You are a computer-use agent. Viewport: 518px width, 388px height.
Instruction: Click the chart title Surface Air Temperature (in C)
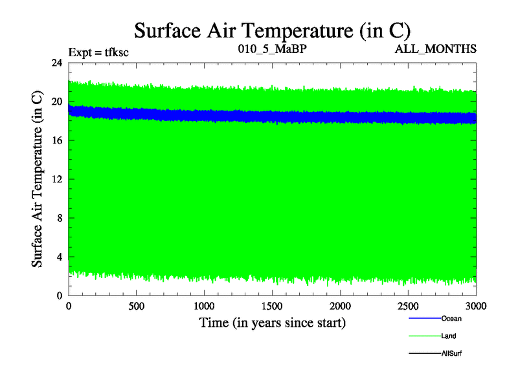pos(272,30)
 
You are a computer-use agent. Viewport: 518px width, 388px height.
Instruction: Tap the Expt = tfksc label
pos(98,52)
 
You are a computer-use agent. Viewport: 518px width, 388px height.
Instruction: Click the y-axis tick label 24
pos(56,63)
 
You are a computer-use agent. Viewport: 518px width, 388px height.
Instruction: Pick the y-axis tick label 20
pos(56,102)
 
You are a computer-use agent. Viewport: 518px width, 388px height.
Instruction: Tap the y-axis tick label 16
pos(56,140)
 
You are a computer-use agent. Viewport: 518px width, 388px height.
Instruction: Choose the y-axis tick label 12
pos(56,179)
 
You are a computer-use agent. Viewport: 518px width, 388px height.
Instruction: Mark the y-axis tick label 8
pos(59,218)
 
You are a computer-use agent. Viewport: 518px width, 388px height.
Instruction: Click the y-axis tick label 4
pos(59,257)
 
